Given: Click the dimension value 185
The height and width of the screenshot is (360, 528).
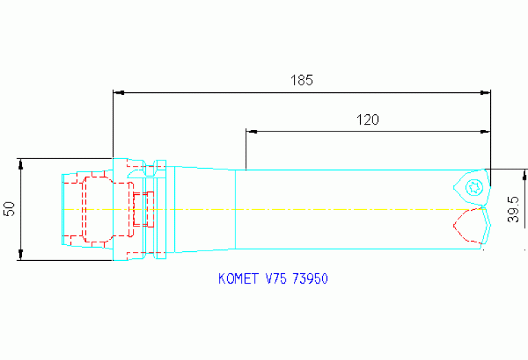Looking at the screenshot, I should [302, 80].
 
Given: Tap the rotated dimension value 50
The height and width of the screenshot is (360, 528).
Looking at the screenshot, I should [9, 209].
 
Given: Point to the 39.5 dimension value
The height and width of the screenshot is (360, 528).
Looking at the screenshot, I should [514, 208].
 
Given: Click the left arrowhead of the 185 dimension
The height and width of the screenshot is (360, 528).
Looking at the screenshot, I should [118, 92].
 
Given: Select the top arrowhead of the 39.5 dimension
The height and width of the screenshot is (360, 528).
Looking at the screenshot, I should [525, 173].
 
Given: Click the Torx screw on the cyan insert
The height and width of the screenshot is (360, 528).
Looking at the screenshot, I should [473, 185].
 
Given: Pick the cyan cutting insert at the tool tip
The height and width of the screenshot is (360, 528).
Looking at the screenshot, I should [473, 187].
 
